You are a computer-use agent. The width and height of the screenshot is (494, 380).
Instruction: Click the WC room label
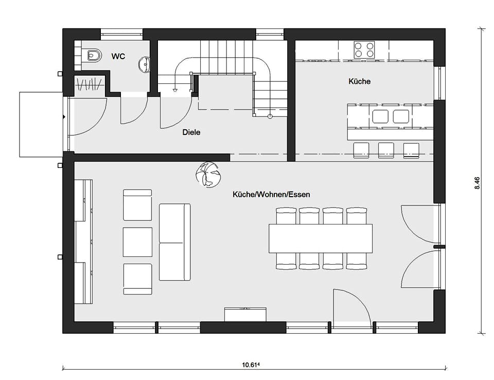pos(118,57)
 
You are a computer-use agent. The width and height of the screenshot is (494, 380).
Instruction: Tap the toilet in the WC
pos(94,56)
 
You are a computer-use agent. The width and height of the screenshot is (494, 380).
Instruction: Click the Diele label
pos(191,132)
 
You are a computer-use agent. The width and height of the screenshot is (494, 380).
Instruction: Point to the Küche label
pos(360,81)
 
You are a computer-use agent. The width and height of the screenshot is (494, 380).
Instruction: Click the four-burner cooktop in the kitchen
pos(364,50)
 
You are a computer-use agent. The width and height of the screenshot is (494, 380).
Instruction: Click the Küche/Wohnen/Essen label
pos(271,194)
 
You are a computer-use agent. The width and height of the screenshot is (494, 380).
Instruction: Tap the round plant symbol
pos(208,175)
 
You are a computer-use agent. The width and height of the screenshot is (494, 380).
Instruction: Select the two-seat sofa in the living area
pos(174,242)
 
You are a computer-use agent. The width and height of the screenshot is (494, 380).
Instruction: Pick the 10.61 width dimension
pos(251,365)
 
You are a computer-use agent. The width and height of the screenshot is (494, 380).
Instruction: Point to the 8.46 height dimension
pos(477,183)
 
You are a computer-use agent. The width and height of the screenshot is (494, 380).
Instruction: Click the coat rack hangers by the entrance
pos(89,84)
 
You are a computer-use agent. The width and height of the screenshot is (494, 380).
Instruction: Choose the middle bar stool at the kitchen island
pos(386,150)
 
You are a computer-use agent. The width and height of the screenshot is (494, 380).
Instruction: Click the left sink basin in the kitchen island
pos(380,116)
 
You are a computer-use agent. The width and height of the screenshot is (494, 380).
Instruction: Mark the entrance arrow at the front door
pos(64,117)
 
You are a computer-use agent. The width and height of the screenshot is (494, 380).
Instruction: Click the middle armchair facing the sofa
pos(137,242)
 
